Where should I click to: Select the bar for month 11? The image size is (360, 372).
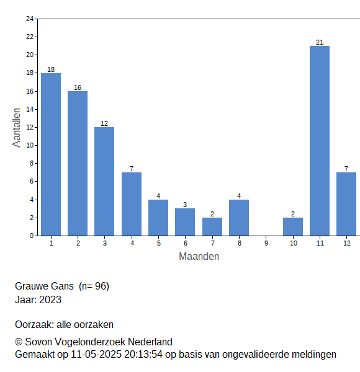pos(320,141)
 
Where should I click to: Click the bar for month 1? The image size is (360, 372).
pos(51,154)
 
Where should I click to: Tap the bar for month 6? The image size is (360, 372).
pos(185,222)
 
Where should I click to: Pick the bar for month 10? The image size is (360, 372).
pos(293,226)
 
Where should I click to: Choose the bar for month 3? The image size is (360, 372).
pos(104,182)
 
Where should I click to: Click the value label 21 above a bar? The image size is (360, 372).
pos(320,42)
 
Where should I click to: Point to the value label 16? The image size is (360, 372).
pos(78,87)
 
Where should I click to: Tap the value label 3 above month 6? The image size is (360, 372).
pos(185,205)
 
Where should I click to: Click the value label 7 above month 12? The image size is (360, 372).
pos(346,169)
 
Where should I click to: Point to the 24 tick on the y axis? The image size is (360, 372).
pos(30,19)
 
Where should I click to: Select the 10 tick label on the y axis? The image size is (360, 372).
pos(30,145)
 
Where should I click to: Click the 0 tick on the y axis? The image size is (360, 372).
pos(32,236)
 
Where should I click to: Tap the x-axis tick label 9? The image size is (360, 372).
pos(266,243)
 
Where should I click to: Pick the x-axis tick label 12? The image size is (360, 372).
pos(347,243)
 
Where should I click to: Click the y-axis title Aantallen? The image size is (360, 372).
pos(17,128)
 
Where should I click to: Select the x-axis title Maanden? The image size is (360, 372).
pos(199,257)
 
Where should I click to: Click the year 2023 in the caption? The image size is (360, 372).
pos(50,299)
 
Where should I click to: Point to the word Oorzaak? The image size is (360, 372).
pos(34,324)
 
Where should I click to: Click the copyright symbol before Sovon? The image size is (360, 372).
pos(19,342)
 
